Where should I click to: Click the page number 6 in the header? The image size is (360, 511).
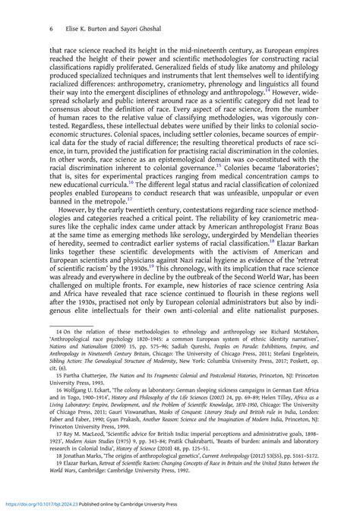tap(29, 28)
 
